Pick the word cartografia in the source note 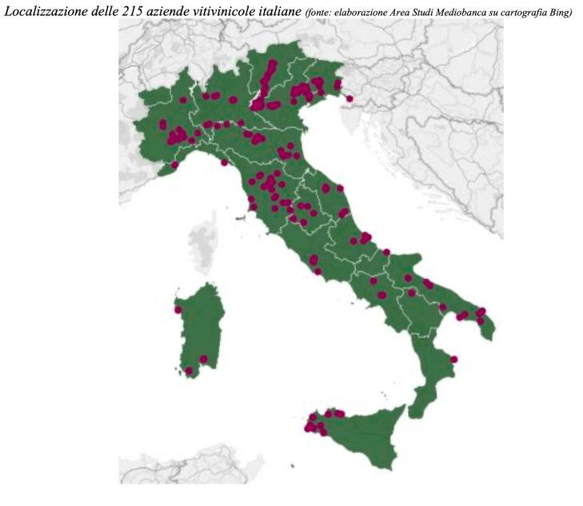click(x=519, y=11)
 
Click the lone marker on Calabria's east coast click(x=454, y=359)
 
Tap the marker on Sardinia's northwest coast click(x=178, y=310)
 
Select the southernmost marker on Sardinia click(x=190, y=371)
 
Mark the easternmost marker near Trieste click(x=349, y=98)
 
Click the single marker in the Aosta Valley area click(x=183, y=101)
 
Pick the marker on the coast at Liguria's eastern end click(x=225, y=163)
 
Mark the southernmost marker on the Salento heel click(x=480, y=321)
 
